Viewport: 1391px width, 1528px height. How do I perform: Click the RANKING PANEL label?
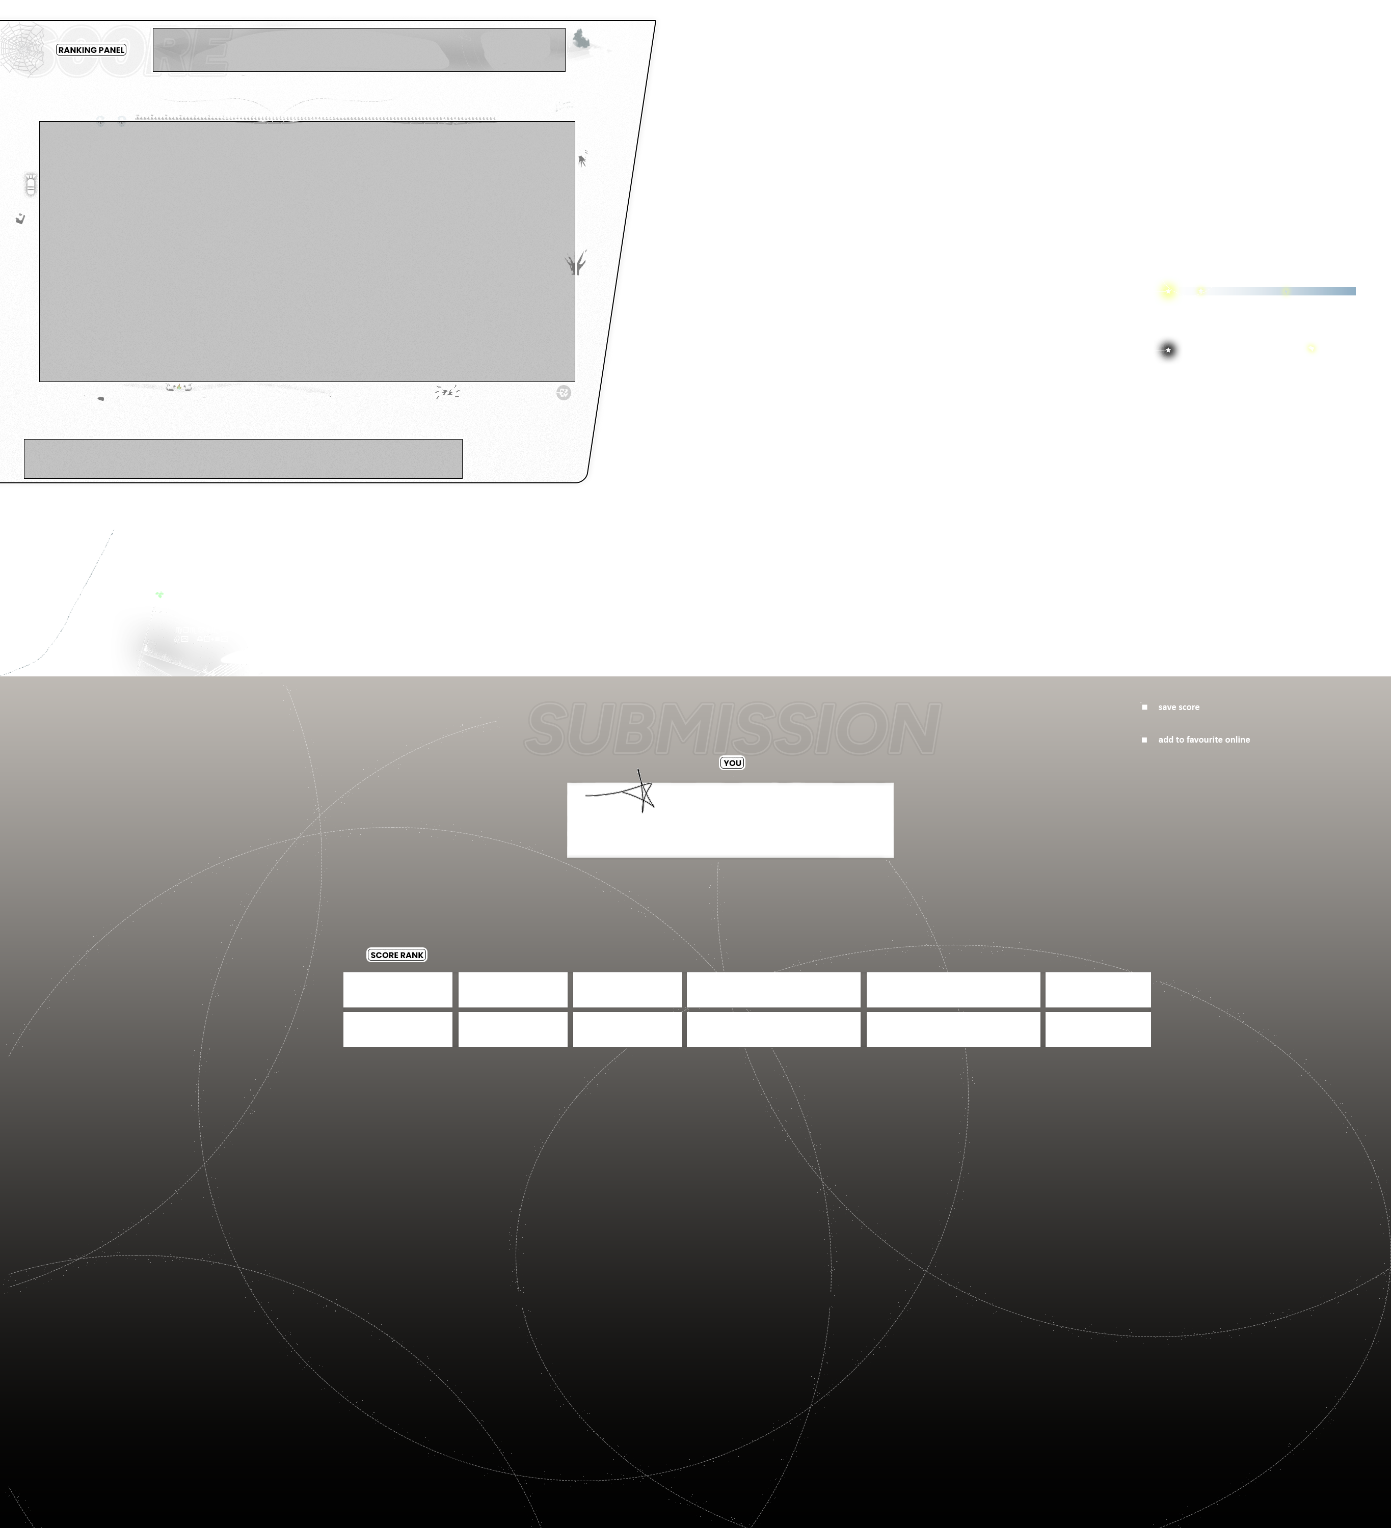[x=91, y=50]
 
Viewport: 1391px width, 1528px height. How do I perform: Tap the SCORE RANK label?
[x=396, y=955]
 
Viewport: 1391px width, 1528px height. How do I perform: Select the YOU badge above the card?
[x=732, y=763]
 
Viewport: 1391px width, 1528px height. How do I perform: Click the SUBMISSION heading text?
[x=732, y=728]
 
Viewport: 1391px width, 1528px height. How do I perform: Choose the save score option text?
[x=1178, y=707]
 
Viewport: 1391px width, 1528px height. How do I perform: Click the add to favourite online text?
[x=1204, y=740]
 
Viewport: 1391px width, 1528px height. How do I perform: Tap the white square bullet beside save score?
[x=1144, y=707]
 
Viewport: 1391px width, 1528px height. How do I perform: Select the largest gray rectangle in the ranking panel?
[x=307, y=251]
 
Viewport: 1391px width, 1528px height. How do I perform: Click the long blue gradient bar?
[x=1281, y=291]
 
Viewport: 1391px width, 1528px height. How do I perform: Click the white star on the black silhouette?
[x=1168, y=350]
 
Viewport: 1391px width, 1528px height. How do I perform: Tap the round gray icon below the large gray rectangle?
[x=563, y=393]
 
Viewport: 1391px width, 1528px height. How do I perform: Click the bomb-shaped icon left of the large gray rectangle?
[x=31, y=184]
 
